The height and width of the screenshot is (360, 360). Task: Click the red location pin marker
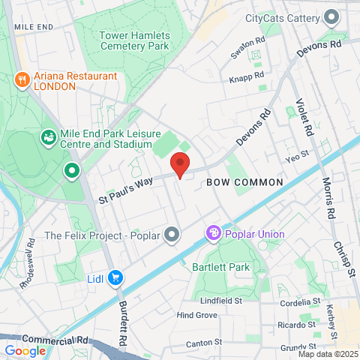[x=179, y=164]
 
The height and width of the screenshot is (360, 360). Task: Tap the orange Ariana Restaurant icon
[x=23, y=79]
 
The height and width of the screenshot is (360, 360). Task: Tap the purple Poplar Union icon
[x=214, y=234]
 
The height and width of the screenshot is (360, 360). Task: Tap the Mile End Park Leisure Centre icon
[x=48, y=138]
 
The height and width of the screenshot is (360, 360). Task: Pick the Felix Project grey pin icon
[x=172, y=235]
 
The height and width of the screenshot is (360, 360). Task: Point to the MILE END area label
[x=34, y=27]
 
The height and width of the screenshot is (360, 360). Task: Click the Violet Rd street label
[x=304, y=118]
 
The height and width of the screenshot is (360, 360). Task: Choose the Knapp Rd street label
[x=248, y=76]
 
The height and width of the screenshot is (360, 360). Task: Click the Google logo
[x=25, y=350]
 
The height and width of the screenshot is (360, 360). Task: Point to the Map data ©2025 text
[x=327, y=353]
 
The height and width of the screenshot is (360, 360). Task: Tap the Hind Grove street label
[x=196, y=316]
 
